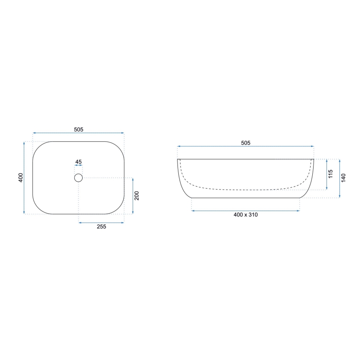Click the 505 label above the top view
[79, 129]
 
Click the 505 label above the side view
[246, 143]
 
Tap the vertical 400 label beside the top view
[20, 178]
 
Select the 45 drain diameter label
[78, 162]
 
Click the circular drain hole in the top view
[78, 178]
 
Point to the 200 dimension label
[137, 196]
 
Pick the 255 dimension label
[102, 226]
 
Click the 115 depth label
[331, 174]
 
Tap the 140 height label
[343, 178]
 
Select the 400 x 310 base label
[246, 215]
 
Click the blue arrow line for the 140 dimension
[340, 178]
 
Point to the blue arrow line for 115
[327, 174]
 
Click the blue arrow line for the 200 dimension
[133, 196]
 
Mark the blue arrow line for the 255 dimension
[102, 223]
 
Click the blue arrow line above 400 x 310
[246, 211]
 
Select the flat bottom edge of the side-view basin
[246, 198]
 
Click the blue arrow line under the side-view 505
[246, 146]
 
